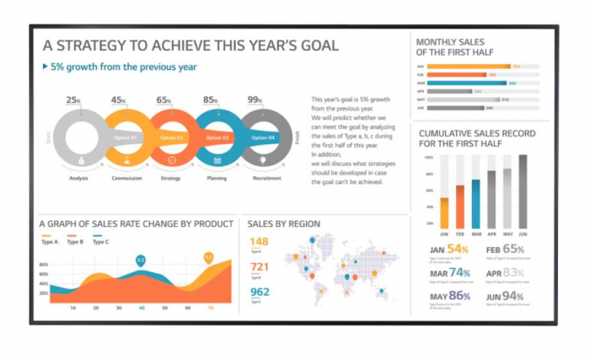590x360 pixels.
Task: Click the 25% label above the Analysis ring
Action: coord(74,100)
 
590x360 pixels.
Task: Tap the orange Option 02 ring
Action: coord(170,137)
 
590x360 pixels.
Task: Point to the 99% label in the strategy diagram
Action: coord(254,100)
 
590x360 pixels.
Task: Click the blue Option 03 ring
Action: coord(217,137)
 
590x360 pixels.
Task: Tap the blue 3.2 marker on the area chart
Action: coord(141,261)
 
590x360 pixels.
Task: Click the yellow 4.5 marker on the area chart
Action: coord(208,256)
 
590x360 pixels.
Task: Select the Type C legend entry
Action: coord(99,242)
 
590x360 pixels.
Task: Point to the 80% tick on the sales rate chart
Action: coord(44,264)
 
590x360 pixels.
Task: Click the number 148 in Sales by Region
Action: coord(260,243)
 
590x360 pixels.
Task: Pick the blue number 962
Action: coord(260,292)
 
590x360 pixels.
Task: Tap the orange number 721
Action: coord(260,267)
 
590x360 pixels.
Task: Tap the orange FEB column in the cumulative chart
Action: coord(460,207)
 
